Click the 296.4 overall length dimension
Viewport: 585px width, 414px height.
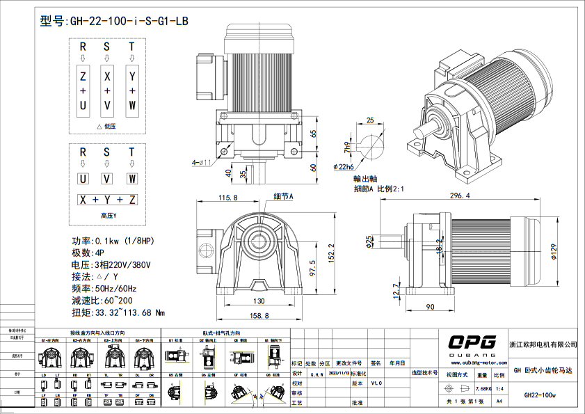click(459, 196)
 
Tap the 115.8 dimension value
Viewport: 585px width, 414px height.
click(228, 198)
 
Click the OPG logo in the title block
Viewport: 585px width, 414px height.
click(472, 342)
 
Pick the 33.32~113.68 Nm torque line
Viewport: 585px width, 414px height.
click(118, 312)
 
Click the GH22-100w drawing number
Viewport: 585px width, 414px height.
click(540, 395)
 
